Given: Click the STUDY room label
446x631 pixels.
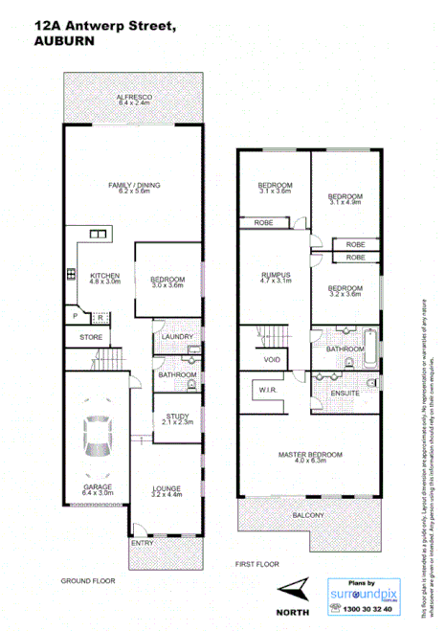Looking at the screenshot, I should pos(177,417).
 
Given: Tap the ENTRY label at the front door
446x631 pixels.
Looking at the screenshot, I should pos(143,542).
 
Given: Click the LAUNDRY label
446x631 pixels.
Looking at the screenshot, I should pos(178,337).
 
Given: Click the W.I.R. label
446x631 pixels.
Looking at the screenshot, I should pos(266,391).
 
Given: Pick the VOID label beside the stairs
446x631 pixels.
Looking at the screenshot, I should pos(272,359).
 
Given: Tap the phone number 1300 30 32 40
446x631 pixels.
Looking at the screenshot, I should pos(362,608).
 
